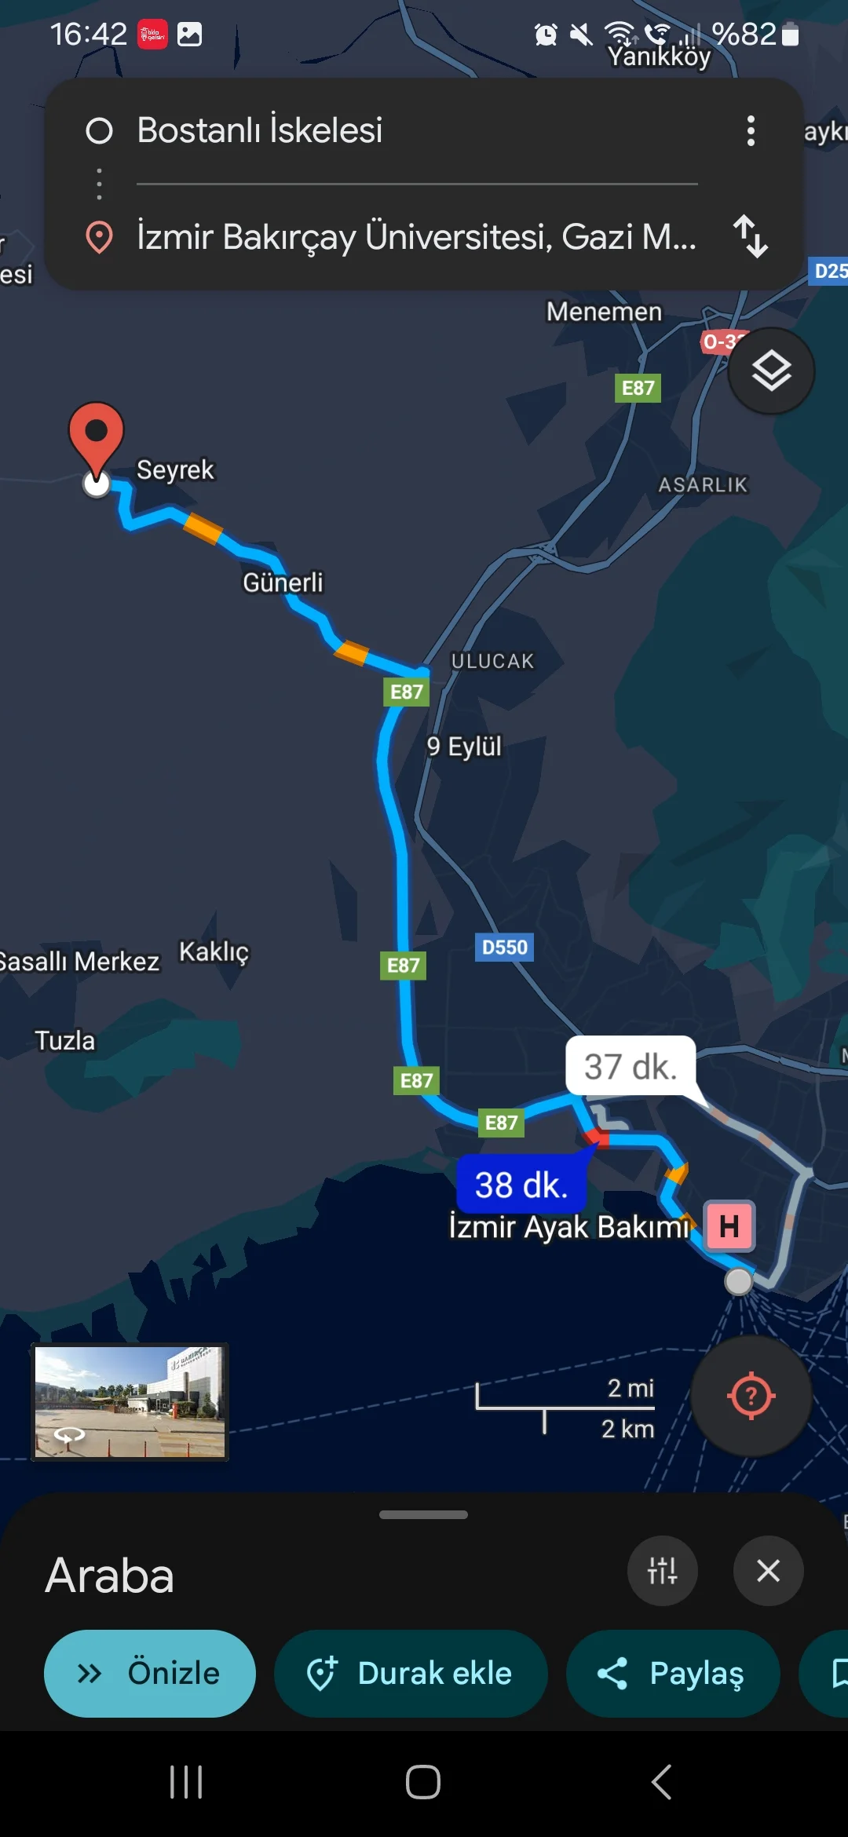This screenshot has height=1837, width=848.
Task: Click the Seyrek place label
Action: click(x=175, y=469)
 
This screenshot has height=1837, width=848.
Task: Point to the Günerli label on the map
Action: click(x=283, y=583)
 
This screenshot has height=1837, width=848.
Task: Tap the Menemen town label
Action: click(x=604, y=312)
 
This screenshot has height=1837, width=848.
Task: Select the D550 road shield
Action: click(x=504, y=948)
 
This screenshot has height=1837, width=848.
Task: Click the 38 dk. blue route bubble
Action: click(x=521, y=1185)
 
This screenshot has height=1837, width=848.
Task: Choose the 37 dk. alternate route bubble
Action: click(x=630, y=1067)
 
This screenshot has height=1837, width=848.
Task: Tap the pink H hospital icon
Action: click(x=729, y=1225)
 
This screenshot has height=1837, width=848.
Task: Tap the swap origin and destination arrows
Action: click(x=751, y=236)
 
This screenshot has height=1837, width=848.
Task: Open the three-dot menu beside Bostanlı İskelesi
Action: click(x=751, y=130)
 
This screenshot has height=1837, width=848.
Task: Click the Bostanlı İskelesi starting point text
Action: click(x=260, y=130)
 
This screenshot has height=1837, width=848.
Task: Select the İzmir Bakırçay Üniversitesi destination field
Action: click(x=416, y=236)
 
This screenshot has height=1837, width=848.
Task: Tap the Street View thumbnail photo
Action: click(x=130, y=1402)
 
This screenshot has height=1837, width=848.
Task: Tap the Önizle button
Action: click(x=150, y=1673)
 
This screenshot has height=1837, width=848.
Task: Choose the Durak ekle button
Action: click(x=411, y=1673)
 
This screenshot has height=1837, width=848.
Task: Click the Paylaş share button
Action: click(x=673, y=1673)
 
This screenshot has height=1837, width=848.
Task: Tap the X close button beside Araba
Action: click(x=768, y=1571)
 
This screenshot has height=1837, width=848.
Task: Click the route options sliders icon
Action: click(x=662, y=1571)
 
